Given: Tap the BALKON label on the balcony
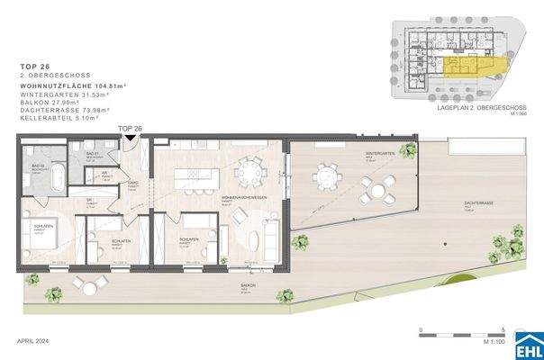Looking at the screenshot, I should coord(246,286).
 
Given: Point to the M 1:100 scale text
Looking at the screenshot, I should coord(490,343).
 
